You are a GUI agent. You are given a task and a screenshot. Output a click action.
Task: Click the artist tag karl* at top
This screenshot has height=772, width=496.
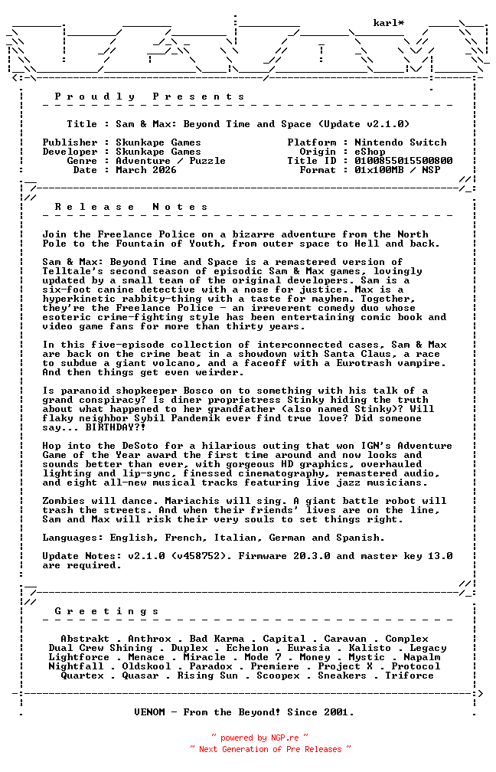click(x=388, y=23)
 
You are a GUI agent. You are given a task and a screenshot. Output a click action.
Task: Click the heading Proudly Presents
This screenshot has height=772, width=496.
click(x=150, y=96)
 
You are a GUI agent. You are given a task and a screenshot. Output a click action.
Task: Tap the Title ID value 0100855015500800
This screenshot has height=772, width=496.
click(x=403, y=161)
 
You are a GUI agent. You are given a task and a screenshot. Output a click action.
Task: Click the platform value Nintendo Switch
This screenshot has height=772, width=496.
click(x=400, y=142)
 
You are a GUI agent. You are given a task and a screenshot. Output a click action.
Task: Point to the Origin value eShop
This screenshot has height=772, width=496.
click(x=370, y=152)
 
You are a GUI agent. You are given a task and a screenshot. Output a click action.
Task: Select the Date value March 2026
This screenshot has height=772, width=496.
click(x=146, y=170)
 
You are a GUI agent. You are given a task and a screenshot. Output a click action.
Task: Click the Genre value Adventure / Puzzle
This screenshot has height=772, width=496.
click(x=171, y=161)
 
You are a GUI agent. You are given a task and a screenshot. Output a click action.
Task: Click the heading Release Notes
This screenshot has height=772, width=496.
click(x=132, y=207)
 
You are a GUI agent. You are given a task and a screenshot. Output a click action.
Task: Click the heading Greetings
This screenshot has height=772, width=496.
click(x=107, y=611)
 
